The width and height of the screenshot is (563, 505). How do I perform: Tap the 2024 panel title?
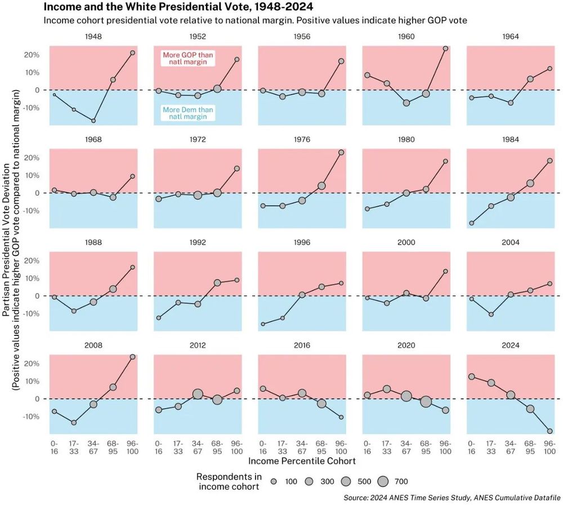(510, 345)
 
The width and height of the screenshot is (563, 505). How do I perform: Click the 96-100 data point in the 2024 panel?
(549, 431)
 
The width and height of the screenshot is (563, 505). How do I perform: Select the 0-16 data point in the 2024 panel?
(471, 376)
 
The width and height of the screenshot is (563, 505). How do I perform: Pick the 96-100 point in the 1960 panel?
(445, 48)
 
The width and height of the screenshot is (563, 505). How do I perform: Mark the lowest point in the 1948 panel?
(93, 121)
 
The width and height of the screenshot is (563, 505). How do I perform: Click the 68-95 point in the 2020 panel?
(426, 401)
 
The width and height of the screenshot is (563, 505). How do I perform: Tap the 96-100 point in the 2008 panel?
(133, 357)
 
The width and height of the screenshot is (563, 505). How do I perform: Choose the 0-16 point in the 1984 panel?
(471, 223)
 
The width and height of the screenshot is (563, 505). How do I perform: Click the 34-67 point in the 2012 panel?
(198, 395)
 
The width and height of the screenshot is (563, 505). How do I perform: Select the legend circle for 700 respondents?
(383, 481)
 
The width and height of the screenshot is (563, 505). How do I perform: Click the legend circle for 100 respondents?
(273, 482)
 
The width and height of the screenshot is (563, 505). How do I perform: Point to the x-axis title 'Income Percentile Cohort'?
(301, 460)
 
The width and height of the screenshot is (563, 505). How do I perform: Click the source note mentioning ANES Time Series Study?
(450, 498)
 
